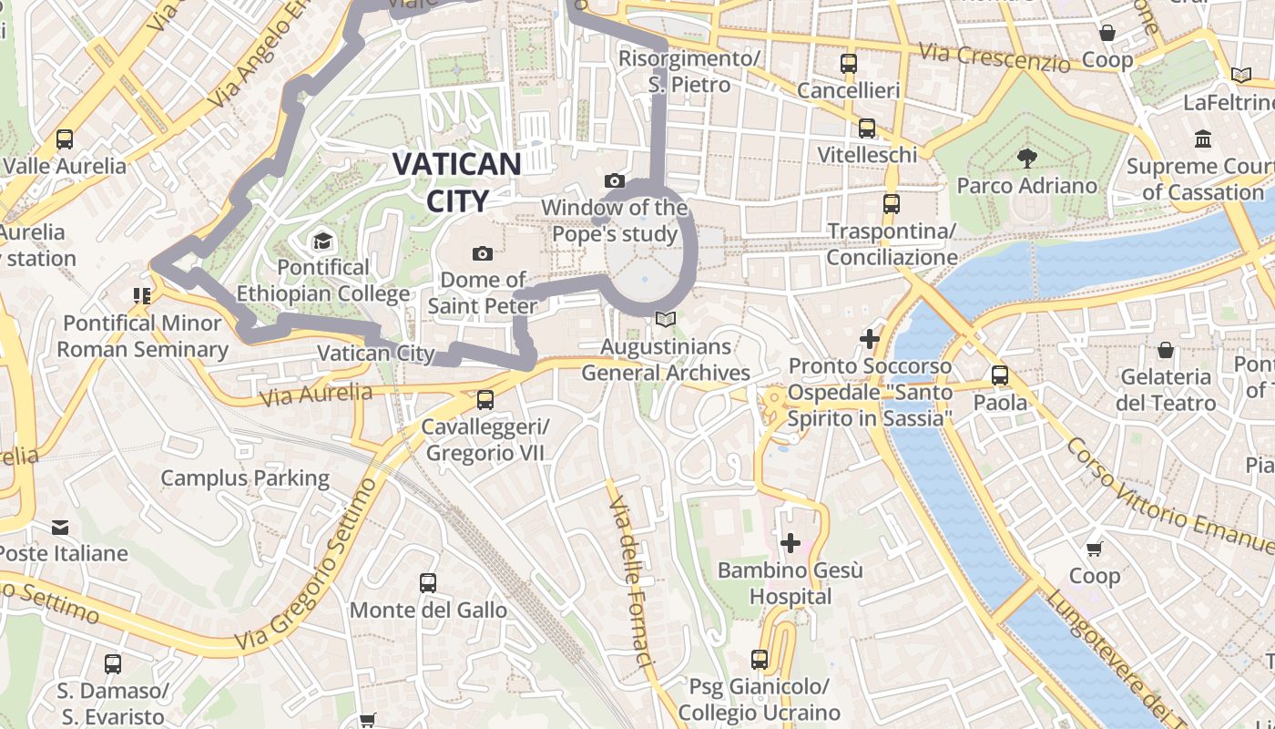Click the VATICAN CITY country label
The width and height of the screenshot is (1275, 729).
pyautogui.click(x=456, y=182)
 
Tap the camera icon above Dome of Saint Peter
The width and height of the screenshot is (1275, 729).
pyautogui.click(x=483, y=253)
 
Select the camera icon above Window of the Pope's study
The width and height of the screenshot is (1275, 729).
pyautogui.click(x=615, y=181)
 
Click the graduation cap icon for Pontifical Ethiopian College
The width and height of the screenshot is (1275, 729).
pyautogui.click(x=322, y=241)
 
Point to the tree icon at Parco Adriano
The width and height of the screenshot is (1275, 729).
pyautogui.click(x=1026, y=159)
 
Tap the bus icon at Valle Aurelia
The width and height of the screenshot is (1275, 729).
pyautogui.click(x=64, y=139)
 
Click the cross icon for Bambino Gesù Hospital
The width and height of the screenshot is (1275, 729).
pyautogui.click(x=790, y=544)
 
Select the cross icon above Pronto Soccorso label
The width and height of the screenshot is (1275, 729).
pyautogui.click(x=870, y=339)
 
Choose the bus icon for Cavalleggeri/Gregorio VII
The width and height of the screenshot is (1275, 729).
pyautogui.click(x=485, y=400)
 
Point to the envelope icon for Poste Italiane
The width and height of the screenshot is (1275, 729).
pyautogui.click(x=60, y=528)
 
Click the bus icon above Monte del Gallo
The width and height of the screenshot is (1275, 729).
pyautogui.click(x=427, y=583)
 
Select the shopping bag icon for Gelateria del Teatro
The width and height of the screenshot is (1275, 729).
pyautogui.click(x=1165, y=350)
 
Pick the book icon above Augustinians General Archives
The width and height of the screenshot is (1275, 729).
pyautogui.click(x=666, y=320)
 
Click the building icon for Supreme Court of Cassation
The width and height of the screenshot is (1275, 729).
pyautogui.click(x=1203, y=139)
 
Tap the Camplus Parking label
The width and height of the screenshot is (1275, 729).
pyautogui.click(x=245, y=477)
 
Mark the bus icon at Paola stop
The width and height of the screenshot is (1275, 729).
pyautogui.click(x=1000, y=375)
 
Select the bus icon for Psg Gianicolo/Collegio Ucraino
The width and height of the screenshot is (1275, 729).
pyautogui.click(x=760, y=659)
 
